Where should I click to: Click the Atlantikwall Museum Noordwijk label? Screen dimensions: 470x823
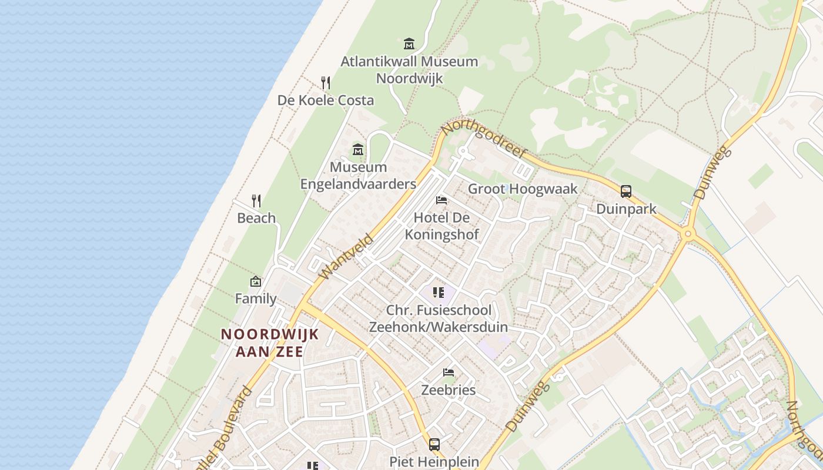pyautogui.click(x=409, y=69)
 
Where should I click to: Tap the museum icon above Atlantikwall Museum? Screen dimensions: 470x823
pyautogui.click(x=409, y=43)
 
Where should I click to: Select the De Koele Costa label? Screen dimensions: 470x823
pyautogui.click(x=326, y=100)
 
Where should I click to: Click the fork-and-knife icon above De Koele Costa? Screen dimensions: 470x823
pyautogui.click(x=326, y=82)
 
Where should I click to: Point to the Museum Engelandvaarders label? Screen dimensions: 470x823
pyautogui.click(x=358, y=176)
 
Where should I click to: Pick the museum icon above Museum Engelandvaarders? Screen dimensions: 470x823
pyautogui.click(x=358, y=149)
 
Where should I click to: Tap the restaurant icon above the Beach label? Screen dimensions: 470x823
pyautogui.click(x=256, y=201)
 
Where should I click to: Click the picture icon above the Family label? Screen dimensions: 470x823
pyautogui.click(x=256, y=281)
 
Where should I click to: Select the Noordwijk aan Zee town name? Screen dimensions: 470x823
pyautogui.click(x=270, y=343)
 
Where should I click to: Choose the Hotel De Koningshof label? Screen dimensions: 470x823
pyautogui.click(x=441, y=226)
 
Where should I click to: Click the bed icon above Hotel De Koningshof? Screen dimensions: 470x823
pyautogui.click(x=441, y=200)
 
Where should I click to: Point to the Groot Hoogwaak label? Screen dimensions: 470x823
pyautogui.click(x=523, y=189)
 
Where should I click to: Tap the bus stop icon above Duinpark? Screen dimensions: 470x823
pyautogui.click(x=626, y=192)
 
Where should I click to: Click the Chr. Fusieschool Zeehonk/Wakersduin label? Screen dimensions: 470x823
pyautogui.click(x=438, y=318)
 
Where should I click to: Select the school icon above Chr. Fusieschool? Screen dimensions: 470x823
pyautogui.click(x=438, y=292)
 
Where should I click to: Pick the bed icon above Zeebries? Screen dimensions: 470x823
pyautogui.click(x=449, y=372)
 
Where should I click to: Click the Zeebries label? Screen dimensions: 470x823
pyautogui.click(x=449, y=390)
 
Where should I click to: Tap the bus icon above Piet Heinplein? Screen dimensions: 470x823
pyautogui.click(x=434, y=445)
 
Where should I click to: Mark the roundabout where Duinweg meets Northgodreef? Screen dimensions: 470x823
pyautogui.click(x=688, y=234)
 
